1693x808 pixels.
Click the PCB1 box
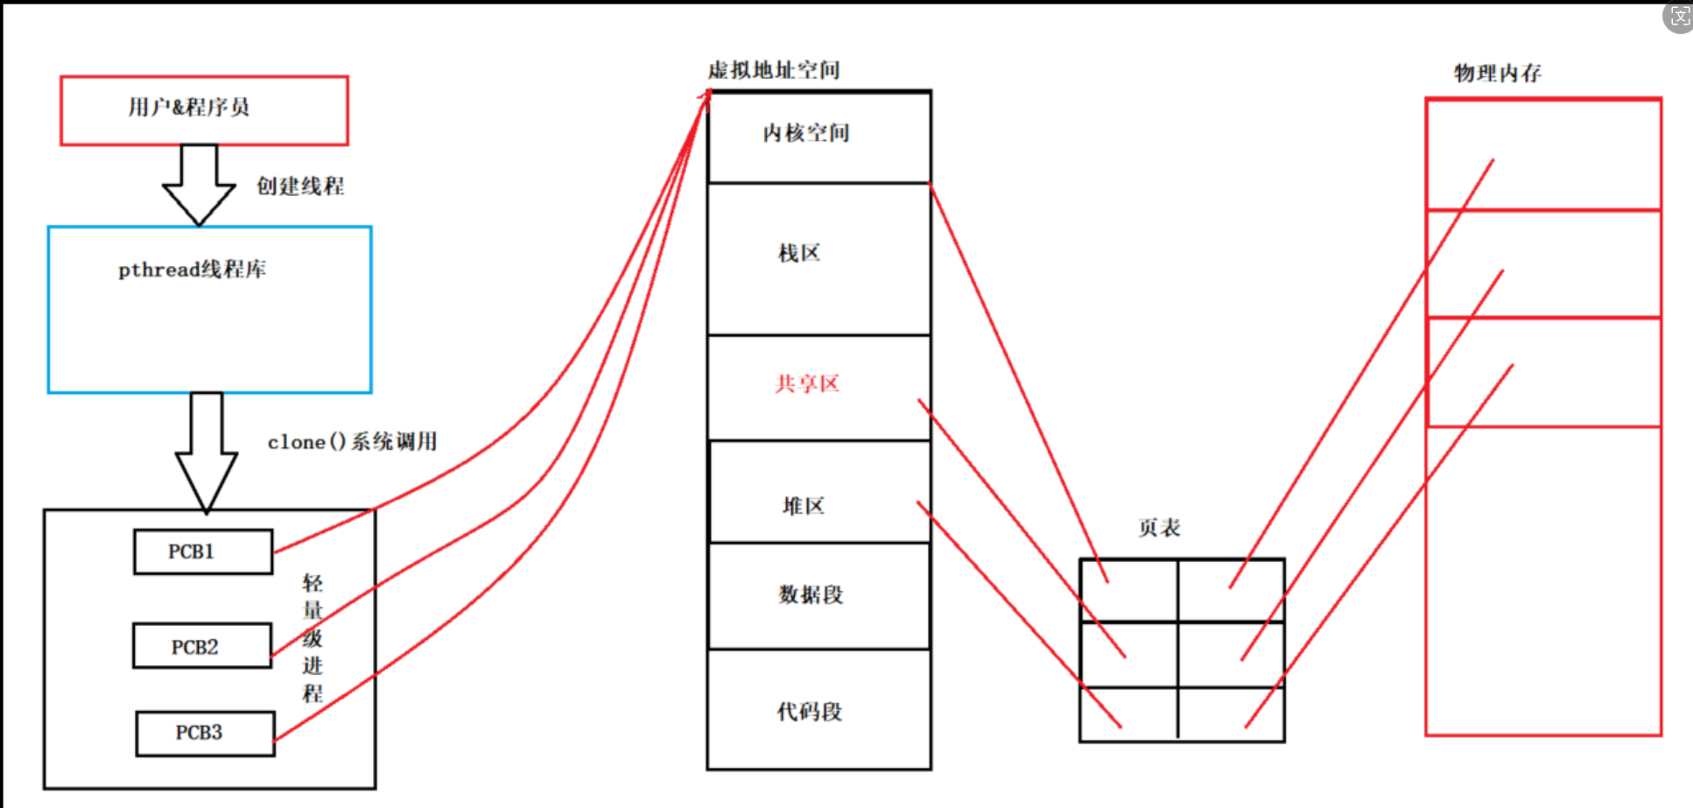coord(202,552)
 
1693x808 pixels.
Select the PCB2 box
coord(201,646)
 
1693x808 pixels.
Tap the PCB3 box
coord(205,733)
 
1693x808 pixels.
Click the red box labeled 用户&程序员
coord(204,109)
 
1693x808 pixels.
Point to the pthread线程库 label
coord(193,270)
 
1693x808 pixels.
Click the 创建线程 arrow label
coord(299,186)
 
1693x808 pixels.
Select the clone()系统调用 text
coord(352,442)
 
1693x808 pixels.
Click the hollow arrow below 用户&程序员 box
coord(199,184)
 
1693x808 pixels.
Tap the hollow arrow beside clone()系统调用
coord(207,451)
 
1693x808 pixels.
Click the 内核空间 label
coord(806,133)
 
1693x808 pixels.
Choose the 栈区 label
coord(799,254)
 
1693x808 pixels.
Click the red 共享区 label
coord(807,383)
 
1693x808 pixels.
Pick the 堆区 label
coord(804,506)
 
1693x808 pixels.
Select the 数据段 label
coord(811,595)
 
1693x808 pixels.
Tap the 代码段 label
coord(810,712)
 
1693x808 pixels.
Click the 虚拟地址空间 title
coord(774,70)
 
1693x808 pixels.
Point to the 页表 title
coord(1159,528)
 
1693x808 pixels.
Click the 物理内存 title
coord(1498,74)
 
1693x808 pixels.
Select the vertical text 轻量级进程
coord(313,638)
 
